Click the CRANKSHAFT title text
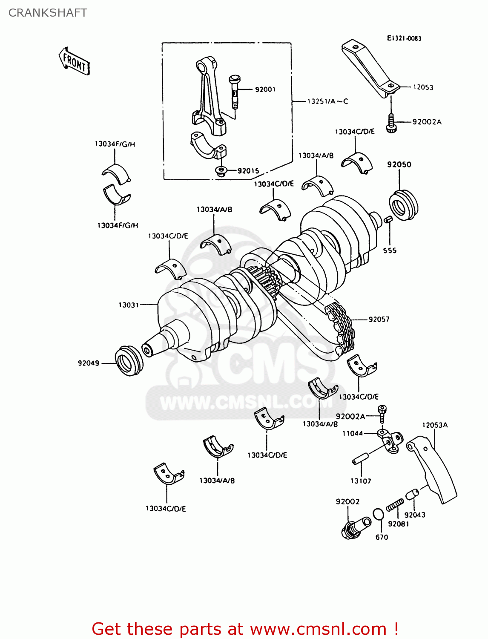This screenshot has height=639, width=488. (48, 13)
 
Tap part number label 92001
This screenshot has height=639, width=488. (265, 89)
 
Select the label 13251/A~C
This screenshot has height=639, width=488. (327, 101)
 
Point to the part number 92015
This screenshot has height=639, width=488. (248, 171)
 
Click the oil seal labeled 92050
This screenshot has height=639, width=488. (403, 205)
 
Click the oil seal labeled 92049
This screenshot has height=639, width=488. (128, 361)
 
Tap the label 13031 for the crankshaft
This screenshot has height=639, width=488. (129, 305)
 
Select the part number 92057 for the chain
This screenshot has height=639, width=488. (379, 319)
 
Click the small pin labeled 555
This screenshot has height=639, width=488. (388, 219)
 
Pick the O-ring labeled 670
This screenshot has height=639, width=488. (378, 514)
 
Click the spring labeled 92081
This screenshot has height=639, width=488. (395, 506)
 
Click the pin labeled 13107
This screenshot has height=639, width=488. (359, 459)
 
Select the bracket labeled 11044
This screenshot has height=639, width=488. (390, 440)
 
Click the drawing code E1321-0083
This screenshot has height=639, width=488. (404, 38)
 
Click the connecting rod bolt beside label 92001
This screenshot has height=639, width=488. (234, 92)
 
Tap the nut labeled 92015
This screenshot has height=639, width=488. (221, 171)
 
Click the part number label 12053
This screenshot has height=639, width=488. (423, 87)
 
